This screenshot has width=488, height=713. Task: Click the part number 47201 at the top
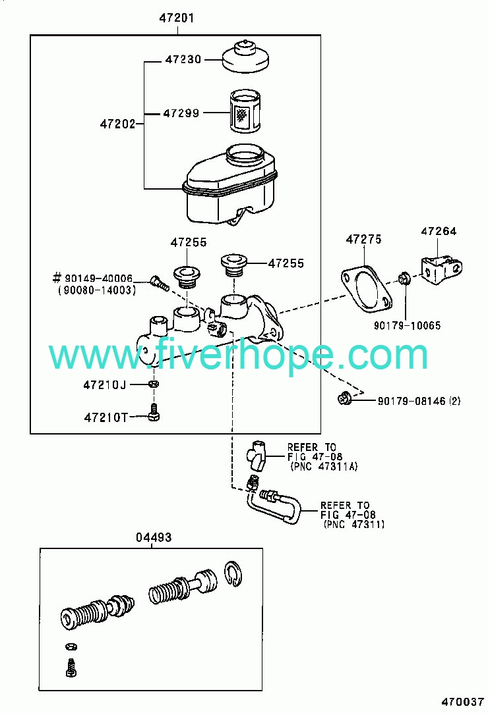[176, 18]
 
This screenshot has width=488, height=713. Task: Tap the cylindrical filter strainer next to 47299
[245, 111]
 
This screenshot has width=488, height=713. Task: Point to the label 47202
[117, 124]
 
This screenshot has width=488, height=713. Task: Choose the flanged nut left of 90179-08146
[344, 398]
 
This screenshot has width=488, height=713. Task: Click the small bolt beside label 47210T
[154, 412]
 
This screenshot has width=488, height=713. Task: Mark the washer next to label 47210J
[154, 384]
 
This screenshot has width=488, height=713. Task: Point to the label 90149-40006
[98, 278]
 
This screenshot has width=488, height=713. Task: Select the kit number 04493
[154, 537]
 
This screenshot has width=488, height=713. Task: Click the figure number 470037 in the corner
[462, 702]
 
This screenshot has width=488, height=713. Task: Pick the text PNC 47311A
[324, 467]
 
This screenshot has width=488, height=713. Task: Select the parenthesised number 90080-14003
[96, 290]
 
